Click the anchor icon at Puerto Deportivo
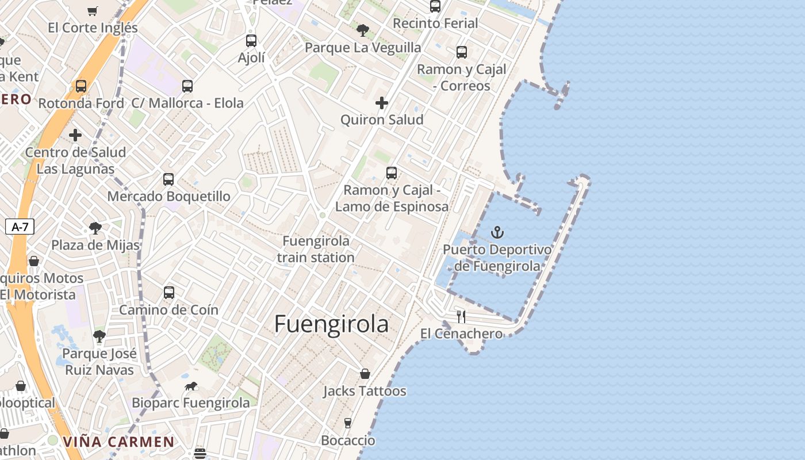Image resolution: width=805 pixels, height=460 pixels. pyautogui.click(x=497, y=232)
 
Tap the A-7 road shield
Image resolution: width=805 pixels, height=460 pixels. pyautogui.click(x=20, y=227)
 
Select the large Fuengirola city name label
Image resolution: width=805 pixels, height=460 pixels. pyautogui.click(x=331, y=324)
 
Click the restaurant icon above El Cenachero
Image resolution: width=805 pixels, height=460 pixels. pyautogui.click(x=461, y=316)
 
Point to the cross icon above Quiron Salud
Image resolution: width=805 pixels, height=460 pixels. pyautogui.click(x=382, y=103)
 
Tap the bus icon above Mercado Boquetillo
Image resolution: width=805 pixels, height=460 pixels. pyautogui.click(x=168, y=179)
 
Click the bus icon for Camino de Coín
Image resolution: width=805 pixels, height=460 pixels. pyautogui.click(x=169, y=292)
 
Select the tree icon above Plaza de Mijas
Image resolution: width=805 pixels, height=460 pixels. pyautogui.click(x=95, y=228)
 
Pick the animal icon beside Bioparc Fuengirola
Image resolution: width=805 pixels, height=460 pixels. pyautogui.click(x=191, y=386)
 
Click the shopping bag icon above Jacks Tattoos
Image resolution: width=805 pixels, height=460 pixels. pyautogui.click(x=365, y=374)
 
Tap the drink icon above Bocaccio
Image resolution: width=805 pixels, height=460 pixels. pyautogui.click(x=348, y=423)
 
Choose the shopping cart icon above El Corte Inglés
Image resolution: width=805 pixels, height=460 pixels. pyautogui.click(x=93, y=11)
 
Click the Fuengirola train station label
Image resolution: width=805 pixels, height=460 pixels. pyautogui.click(x=316, y=249)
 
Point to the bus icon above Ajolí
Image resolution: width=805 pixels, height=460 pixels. pyautogui.click(x=251, y=40)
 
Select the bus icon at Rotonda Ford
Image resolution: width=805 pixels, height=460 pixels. pyautogui.click(x=81, y=86)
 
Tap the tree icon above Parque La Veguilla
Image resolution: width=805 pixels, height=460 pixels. pyautogui.click(x=362, y=30)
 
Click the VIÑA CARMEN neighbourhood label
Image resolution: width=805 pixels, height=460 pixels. pyautogui.click(x=118, y=442)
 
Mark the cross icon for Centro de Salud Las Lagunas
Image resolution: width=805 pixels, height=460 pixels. pyautogui.click(x=75, y=135)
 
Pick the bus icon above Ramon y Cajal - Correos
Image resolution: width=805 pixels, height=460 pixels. pyautogui.click(x=462, y=52)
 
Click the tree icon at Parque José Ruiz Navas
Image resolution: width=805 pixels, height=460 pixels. pyautogui.click(x=99, y=336)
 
